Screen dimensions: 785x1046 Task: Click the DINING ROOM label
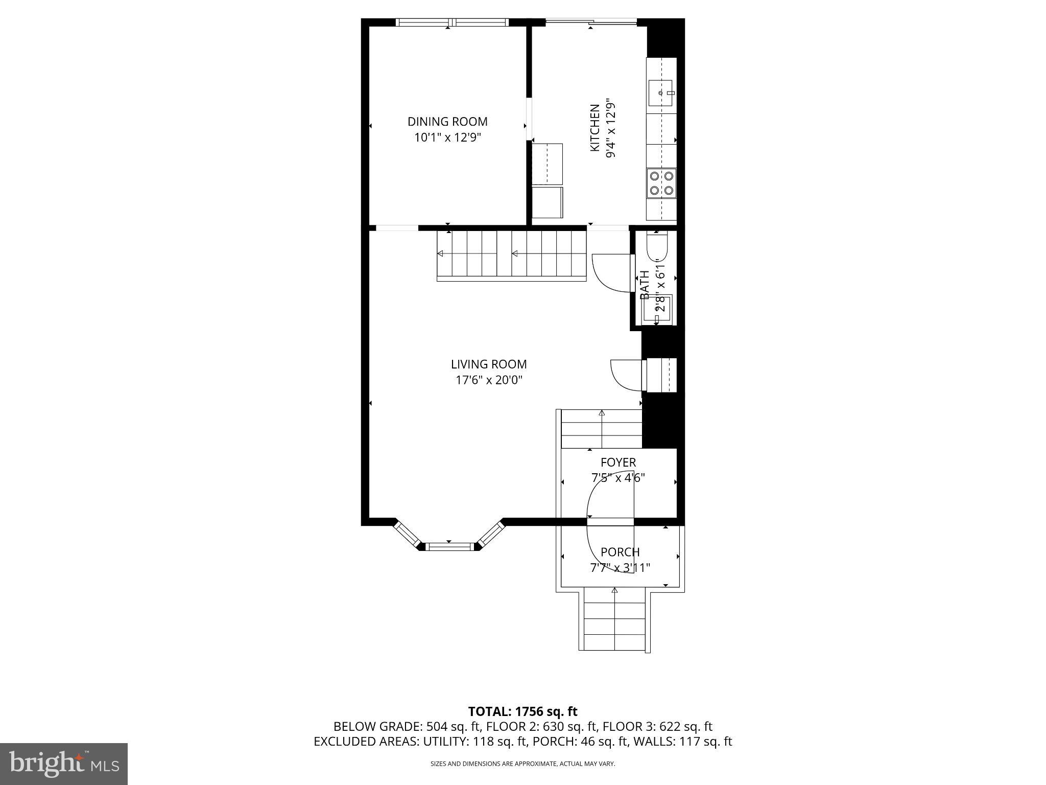coord(447,122)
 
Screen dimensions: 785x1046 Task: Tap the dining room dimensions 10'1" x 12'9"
coord(447,137)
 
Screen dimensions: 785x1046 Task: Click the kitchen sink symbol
coord(661,93)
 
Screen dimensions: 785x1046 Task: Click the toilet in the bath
coord(657,246)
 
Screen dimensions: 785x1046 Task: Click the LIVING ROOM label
coord(489,364)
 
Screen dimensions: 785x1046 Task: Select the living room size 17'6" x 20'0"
coord(489,380)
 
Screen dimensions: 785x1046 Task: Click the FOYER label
coord(618,463)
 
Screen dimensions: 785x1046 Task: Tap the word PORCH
coord(620,552)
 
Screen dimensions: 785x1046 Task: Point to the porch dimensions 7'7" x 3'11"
coord(620,568)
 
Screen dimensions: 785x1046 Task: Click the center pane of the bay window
coord(449,547)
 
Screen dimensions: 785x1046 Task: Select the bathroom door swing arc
coord(608,273)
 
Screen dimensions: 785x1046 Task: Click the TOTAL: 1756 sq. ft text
coord(522,711)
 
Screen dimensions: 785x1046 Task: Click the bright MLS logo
coord(64,764)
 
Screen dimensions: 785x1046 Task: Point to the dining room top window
coord(453,22)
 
